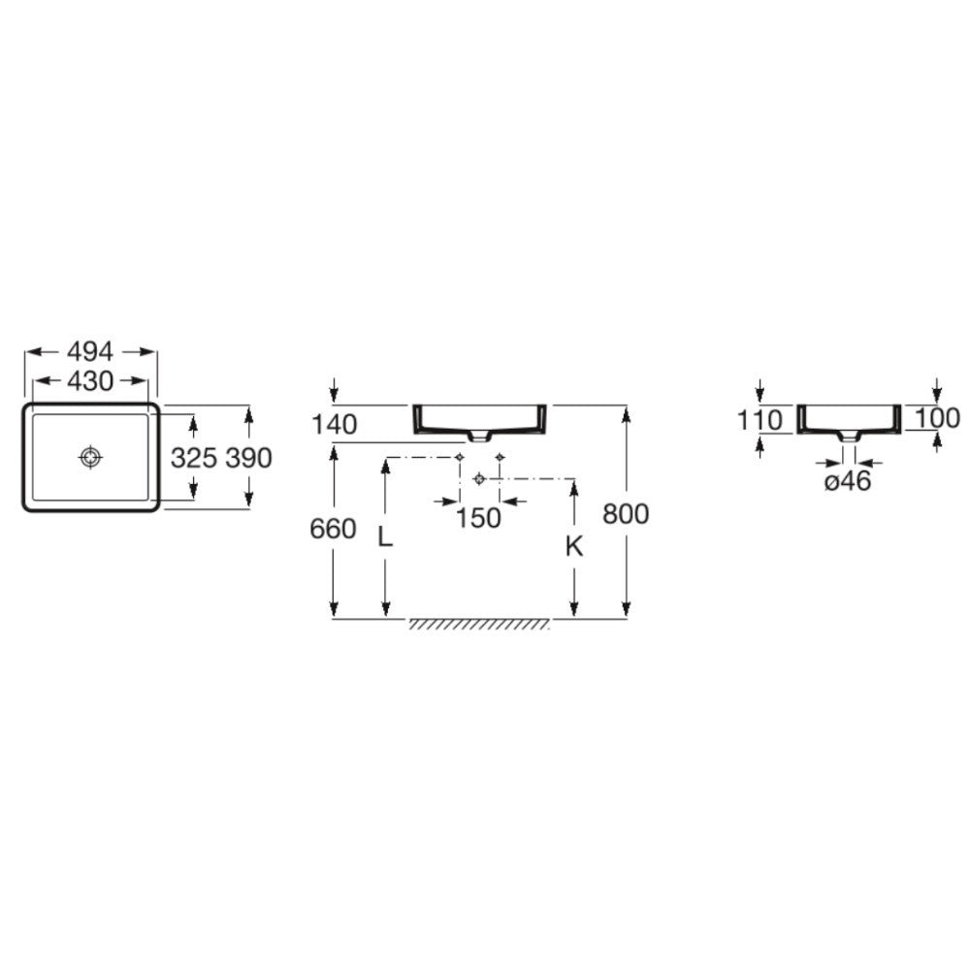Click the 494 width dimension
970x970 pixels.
tap(90, 352)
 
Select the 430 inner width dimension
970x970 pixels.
tap(90, 381)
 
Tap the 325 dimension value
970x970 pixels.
tap(194, 458)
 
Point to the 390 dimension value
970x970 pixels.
tap(248, 458)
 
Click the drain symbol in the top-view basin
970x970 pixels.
tap(91, 457)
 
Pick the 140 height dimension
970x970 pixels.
tap(334, 425)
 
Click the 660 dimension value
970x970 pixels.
tap(333, 529)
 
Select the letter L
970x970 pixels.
tap(385, 537)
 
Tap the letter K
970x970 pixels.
tap(574, 546)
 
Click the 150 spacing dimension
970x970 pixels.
tap(478, 518)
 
